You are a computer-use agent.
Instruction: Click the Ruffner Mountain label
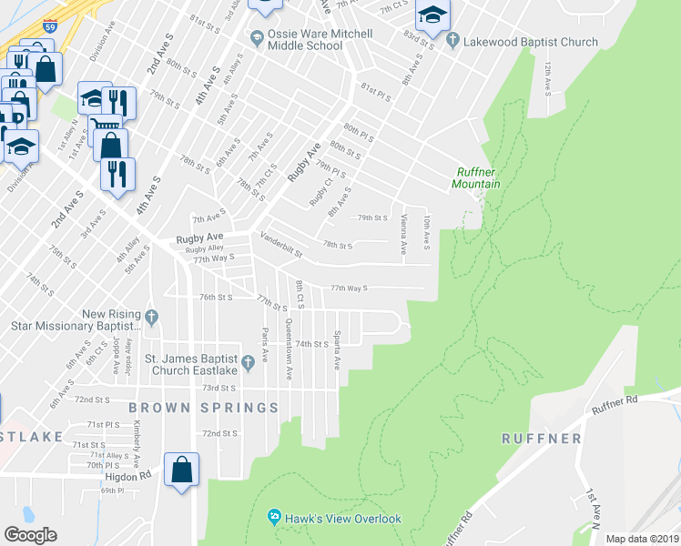point(476,177)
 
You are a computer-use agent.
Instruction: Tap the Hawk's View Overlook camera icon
point(273,518)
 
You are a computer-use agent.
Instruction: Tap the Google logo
point(31,535)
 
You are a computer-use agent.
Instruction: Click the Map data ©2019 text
point(641,539)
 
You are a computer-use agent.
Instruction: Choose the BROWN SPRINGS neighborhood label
point(203,408)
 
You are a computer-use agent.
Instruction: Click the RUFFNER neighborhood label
point(541,438)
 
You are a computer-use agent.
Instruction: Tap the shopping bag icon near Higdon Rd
point(182,470)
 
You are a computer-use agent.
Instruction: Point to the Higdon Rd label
point(132,475)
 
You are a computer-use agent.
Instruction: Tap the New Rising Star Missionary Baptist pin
point(151,318)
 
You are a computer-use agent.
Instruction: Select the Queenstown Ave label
point(288,349)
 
